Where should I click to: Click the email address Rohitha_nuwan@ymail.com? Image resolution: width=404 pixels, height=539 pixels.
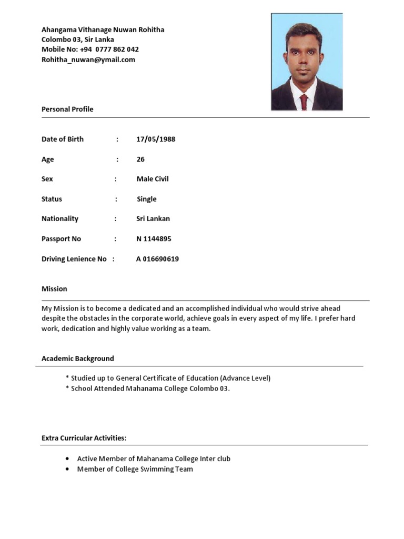pos(88,59)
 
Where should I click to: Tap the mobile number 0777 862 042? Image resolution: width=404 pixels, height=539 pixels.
pos(117,49)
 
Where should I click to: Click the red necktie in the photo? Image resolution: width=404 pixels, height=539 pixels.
pos(304,101)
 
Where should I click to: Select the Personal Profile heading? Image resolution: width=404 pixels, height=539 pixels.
pos(67,109)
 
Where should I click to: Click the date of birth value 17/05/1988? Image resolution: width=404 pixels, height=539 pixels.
pos(156,139)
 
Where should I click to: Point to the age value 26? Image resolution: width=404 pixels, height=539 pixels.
pos(140,159)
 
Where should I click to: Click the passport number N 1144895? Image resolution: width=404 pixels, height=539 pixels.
pos(154,239)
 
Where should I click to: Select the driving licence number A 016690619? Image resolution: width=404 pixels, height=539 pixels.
pos(157,259)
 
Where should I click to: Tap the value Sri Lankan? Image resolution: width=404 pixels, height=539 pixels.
pos(153,219)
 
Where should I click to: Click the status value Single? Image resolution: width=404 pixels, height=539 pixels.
pos(147,199)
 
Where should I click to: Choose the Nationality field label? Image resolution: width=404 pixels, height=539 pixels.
pos(60,219)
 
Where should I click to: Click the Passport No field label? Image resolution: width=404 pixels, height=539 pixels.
pos(61,239)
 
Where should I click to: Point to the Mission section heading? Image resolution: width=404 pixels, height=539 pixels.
pos(54,289)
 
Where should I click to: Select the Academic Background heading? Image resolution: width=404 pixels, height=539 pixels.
pos(78,358)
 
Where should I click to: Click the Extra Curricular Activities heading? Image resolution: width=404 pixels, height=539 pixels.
pos(84,438)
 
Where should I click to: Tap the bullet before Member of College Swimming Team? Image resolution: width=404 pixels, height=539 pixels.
pos(67,469)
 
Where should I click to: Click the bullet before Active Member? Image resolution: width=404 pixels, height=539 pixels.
pos(67,458)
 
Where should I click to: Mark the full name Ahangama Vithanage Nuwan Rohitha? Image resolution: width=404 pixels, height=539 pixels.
pos(103,30)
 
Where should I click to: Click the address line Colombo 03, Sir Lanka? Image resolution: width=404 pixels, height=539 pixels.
pos(78,39)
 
